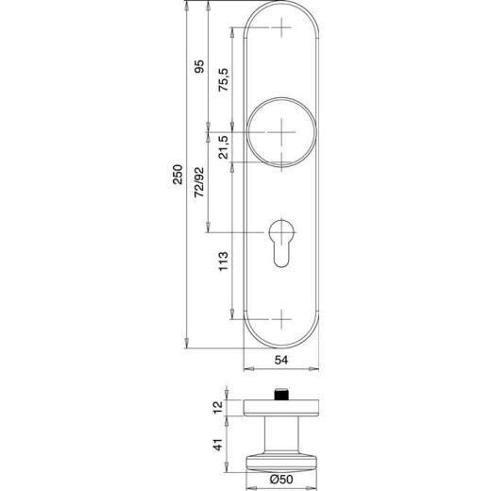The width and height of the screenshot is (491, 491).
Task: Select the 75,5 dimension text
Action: click(224, 79)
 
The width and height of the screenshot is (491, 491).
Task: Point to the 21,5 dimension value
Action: click(224, 149)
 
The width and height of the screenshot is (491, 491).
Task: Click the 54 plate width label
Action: click(280, 360)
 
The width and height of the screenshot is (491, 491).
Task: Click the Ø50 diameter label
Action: click(280, 480)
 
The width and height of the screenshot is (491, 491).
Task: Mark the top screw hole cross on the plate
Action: click(282, 30)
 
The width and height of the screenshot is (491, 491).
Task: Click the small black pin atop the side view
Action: click(280, 393)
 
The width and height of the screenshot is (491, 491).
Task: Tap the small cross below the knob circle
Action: click(282, 160)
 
